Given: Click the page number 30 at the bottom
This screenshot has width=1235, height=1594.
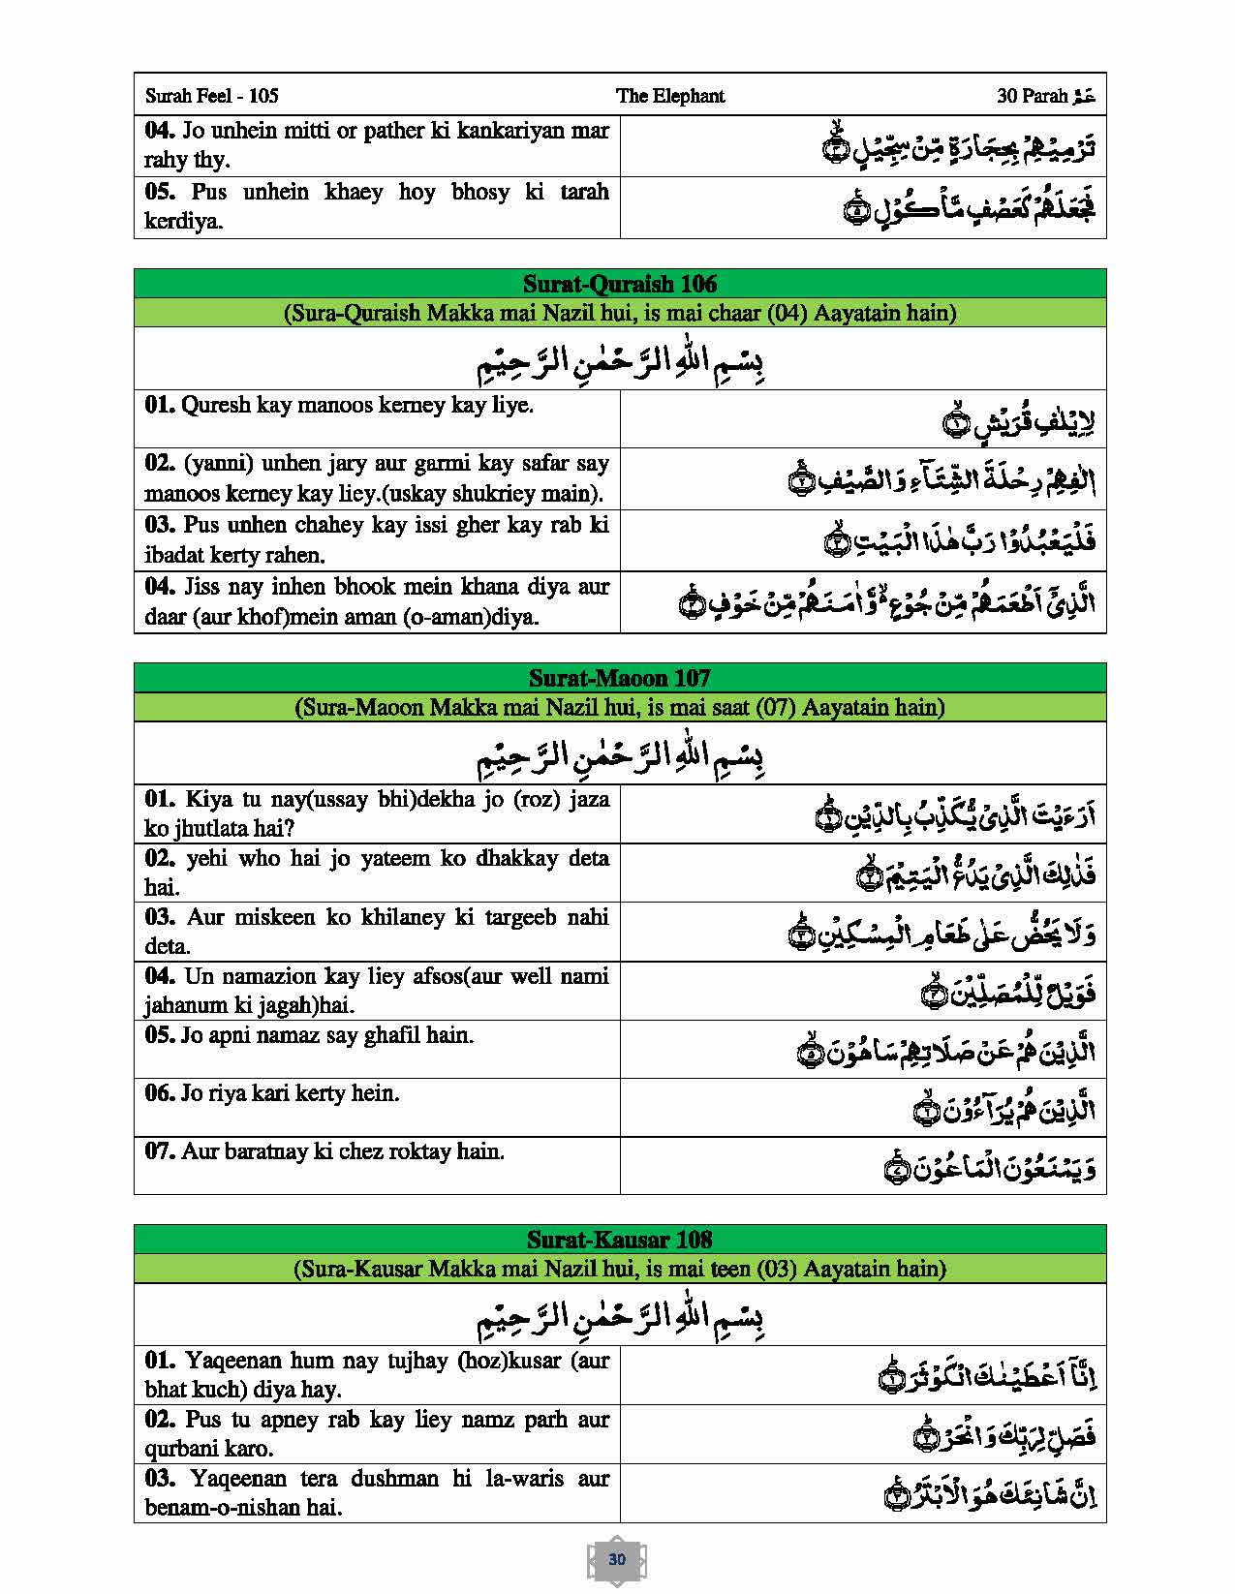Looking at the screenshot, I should [617, 1559].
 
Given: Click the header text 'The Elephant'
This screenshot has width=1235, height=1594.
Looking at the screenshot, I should [669, 96].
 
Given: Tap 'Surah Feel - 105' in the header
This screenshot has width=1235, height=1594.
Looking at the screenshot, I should [211, 96].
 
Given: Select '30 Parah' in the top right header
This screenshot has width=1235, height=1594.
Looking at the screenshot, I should [1033, 96].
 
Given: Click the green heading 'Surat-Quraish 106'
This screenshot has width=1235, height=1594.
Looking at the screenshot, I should [620, 284].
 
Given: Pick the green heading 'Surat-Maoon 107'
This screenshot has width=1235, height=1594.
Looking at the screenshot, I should [620, 678].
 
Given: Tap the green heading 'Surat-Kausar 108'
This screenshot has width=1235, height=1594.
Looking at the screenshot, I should [620, 1240].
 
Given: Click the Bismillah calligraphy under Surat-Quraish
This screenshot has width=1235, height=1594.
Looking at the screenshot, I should [620, 361].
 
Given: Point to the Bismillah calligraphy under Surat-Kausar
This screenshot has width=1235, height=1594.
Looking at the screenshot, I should [620, 1317].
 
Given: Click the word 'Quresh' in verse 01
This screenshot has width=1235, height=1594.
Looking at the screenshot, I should [215, 405].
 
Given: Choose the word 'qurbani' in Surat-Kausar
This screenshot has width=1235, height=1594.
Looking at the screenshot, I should [185, 1449].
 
